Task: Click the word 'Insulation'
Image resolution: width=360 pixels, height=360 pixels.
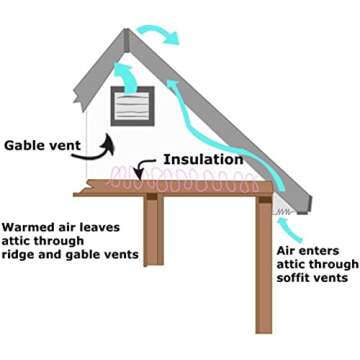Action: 204,158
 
